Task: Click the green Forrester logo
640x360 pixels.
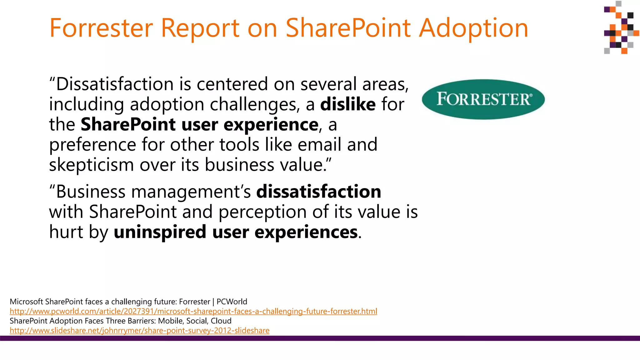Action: click(x=483, y=99)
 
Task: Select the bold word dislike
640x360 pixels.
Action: click(x=348, y=104)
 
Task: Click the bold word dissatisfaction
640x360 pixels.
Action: click(x=318, y=192)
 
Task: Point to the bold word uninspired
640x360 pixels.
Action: click(x=160, y=232)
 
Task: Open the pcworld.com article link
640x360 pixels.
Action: click(x=193, y=311)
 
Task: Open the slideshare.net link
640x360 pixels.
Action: click(x=139, y=330)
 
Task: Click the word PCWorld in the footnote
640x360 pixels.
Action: click(x=232, y=302)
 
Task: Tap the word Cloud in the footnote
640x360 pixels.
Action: click(x=221, y=321)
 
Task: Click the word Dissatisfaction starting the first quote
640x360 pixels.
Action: click(x=115, y=84)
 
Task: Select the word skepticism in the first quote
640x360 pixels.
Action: click(x=92, y=165)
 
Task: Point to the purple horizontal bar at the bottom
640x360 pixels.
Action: click(x=320, y=338)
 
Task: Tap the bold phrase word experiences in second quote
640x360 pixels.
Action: click(x=306, y=232)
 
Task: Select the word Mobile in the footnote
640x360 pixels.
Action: click(x=171, y=321)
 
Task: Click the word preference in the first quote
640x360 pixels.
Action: click(x=92, y=145)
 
